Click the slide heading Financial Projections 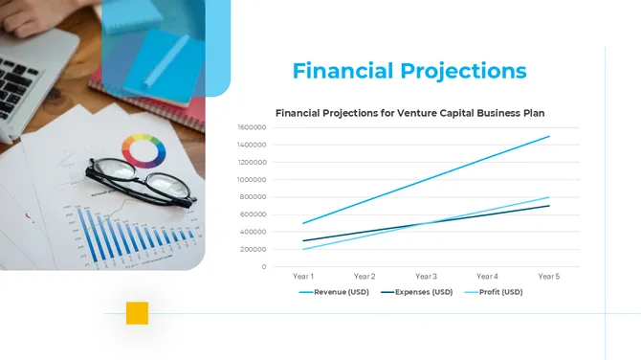(409, 71)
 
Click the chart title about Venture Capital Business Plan (409, 112)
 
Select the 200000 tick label (254, 249)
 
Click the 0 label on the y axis (263, 266)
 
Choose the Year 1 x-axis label (303, 277)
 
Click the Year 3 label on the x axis (426, 277)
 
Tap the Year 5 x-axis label (549, 277)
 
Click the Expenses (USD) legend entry (416, 292)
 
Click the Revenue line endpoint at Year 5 (549, 136)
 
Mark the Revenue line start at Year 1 (303, 223)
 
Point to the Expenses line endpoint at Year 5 (549, 206)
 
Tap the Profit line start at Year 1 (303, 249)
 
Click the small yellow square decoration (137, 313)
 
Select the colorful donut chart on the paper (144, 150)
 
